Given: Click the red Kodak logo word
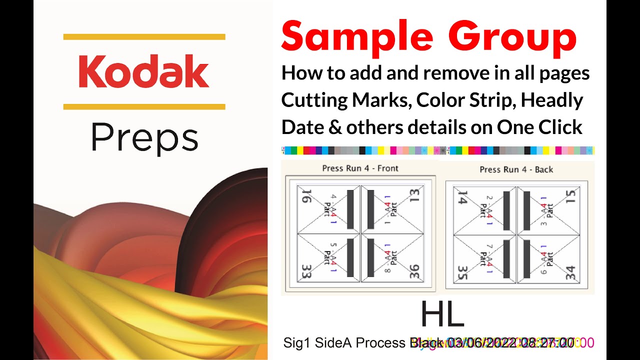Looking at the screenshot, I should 144,71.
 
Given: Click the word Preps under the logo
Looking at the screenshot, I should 144,138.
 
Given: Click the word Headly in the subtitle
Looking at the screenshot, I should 552,100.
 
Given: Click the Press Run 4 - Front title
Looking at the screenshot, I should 360,168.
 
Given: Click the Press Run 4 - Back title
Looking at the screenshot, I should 516,169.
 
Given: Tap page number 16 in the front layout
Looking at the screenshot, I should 305,196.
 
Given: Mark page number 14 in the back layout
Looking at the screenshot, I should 462,198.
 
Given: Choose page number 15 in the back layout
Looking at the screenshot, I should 571,196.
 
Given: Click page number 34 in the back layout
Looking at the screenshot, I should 571,273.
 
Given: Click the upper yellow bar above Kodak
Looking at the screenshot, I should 144,36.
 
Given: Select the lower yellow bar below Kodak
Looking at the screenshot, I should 144,106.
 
